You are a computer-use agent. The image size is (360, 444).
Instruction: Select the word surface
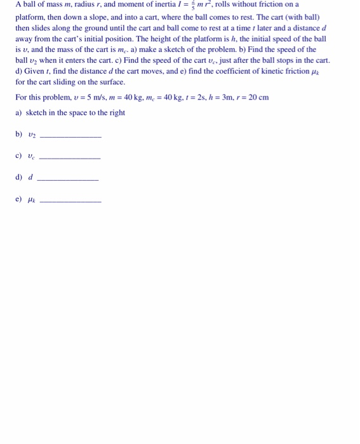pos(110,82)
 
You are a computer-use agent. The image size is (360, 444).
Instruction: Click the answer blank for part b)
pos(70,136)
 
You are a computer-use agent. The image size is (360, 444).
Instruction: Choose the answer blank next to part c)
pos(70,158)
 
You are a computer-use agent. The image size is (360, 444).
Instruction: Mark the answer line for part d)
pos(68,180)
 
